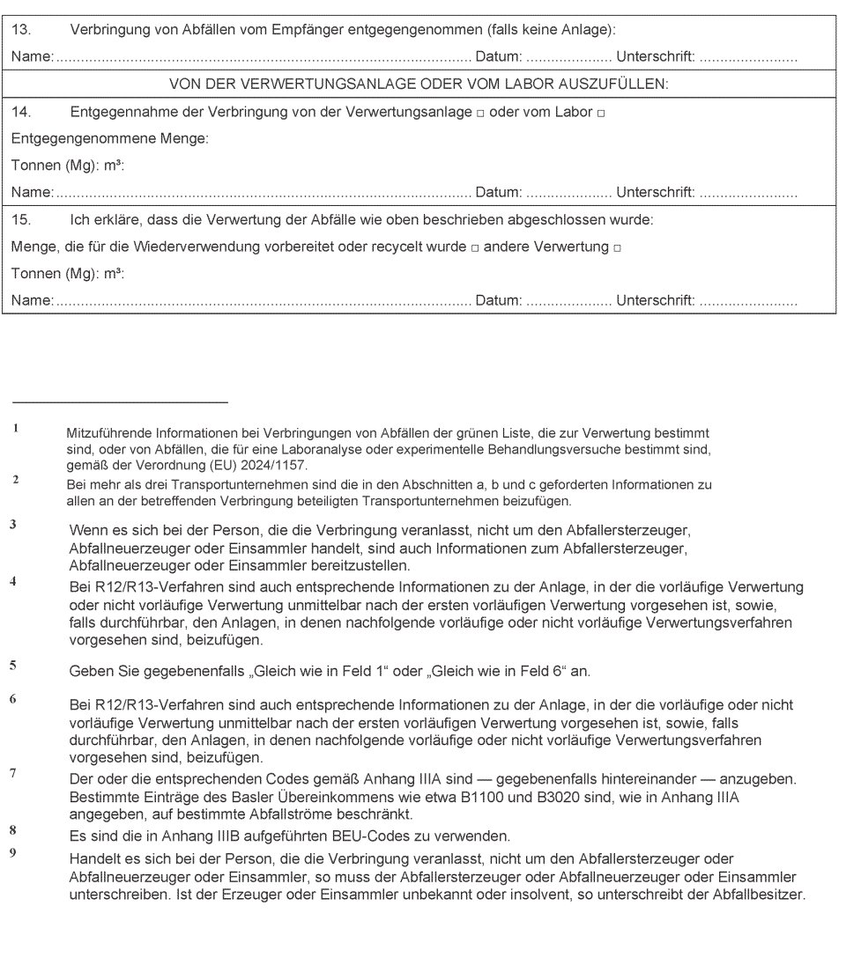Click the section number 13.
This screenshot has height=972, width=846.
[x=21, y=30]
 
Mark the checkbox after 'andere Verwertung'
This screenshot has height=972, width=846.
[x=617, y=248]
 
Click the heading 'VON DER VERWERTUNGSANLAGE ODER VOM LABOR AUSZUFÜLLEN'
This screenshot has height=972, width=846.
[x=419, y=85]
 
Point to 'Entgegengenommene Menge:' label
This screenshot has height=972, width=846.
[x=109, y=139]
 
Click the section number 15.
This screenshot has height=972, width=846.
[x=21, y=219]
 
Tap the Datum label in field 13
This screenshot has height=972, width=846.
[x=498, y=57]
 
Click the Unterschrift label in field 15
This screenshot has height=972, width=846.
[x=655, y=301]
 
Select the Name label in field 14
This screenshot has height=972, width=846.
[x=32, y=193]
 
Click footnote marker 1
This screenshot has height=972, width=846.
[x=15, y=429]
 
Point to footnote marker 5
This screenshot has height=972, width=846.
[x=13, y=666]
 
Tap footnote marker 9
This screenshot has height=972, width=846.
[x=13, y=852]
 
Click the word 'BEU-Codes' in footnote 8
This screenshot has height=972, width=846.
[x=338, y=836]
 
